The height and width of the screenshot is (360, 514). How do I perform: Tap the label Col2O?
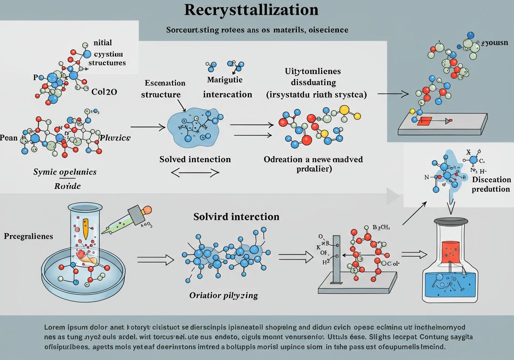(x=104, y=92)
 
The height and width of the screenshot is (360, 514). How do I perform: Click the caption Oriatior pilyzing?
(x=223, y=296)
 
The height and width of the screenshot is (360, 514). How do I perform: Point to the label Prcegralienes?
(x=29, y=236)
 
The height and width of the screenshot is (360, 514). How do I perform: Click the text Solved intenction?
(x=195, y=159)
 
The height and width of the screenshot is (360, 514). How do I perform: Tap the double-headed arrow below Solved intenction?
(x=195, y=173)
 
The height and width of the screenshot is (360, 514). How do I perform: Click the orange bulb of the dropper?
(x=147, y=210)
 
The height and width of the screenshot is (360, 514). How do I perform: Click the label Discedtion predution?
(x=491, y=184)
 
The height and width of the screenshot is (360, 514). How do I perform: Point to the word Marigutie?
(x=224, y=80)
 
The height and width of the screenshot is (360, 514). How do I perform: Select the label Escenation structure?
(x=165, y=89)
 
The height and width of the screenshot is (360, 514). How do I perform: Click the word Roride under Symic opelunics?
(x=67, y=186)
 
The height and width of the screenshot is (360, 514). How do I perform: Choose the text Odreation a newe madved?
(x=313, y=159)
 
